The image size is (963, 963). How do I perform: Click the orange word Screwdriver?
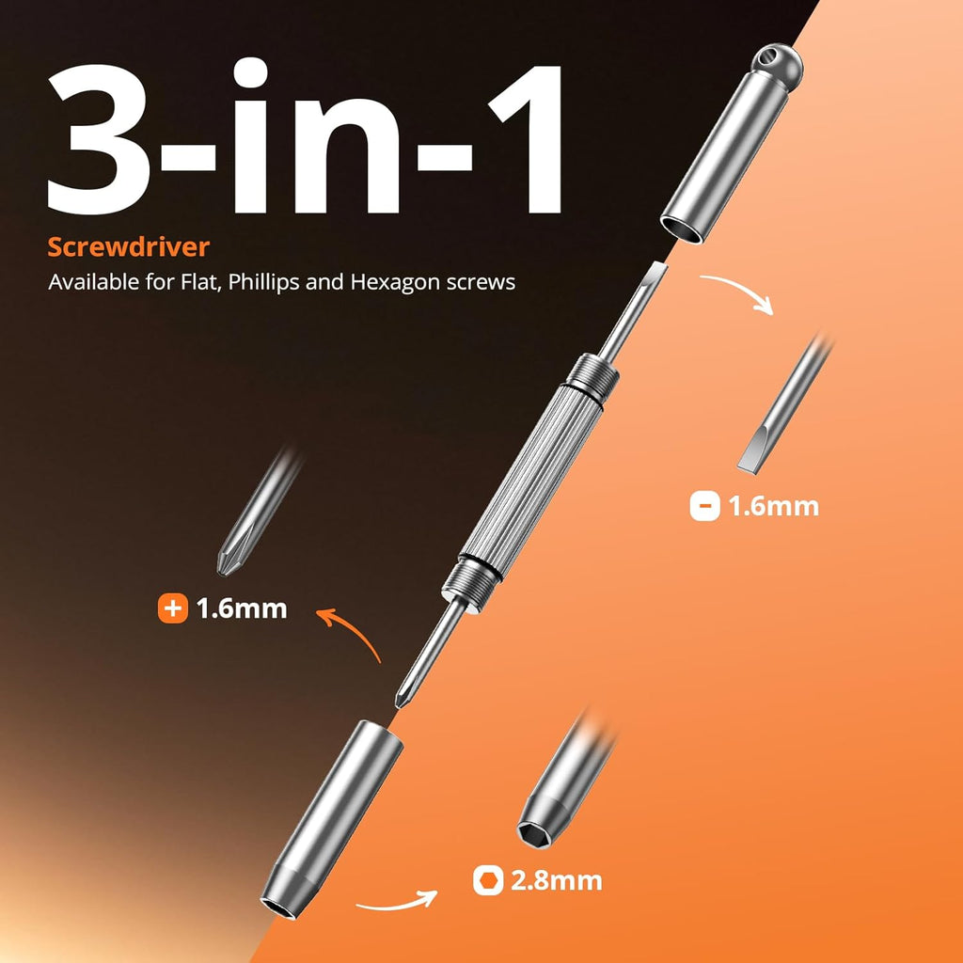click(128, 247)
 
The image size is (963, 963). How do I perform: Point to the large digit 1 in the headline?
click(527, 139)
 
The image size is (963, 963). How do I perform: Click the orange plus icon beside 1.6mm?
click(173, 608)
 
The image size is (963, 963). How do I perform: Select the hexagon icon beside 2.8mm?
click(488, 880)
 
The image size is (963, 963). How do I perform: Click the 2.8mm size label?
click(557, 880)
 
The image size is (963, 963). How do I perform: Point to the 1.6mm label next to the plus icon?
click(242, 608)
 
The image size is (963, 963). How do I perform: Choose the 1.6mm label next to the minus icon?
click(773, 507)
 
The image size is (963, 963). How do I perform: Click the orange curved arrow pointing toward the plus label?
click(352, 627)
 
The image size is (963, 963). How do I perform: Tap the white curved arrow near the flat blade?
click(741, 288)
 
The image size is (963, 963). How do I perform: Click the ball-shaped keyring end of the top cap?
click(776, 63)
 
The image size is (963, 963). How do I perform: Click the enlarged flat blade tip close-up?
click(783, 406)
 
